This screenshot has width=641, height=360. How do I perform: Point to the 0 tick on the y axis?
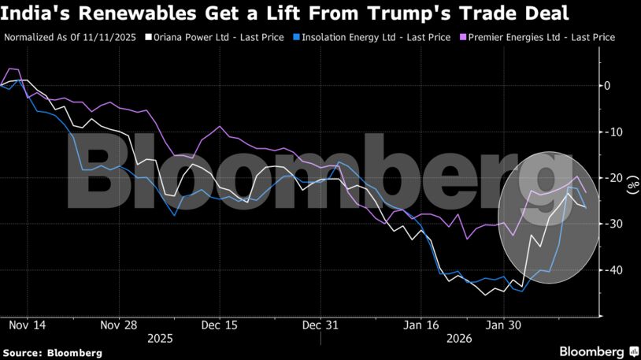point(607,85)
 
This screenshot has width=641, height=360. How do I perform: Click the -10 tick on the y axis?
point(609,132)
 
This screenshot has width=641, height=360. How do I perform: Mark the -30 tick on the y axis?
point(609,224)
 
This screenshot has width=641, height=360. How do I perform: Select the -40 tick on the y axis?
point(609,270)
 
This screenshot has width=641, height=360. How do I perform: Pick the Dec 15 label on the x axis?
point(219,325)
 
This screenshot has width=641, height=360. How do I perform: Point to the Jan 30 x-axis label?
point(503,325)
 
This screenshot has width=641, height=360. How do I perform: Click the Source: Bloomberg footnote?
point(52,353)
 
